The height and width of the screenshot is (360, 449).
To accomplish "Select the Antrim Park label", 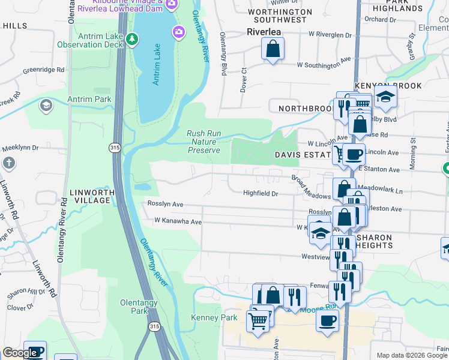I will pyautogui.click(x=89, y=99).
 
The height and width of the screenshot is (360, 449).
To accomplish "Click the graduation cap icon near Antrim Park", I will pyautogui.click(x=45, y=106).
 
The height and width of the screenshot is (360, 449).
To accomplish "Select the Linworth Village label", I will pyautogui.click(x=91, y=196).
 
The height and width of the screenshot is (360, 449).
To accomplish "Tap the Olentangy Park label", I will pyautogui.click(x=139, y=307).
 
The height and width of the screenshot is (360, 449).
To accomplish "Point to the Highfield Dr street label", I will pyautogui.click(x=261, y=194).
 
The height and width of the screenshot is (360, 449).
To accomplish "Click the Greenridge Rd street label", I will pyautogui.click(x=43, y=70).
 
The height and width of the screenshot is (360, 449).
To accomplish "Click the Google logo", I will pyautogui.click(x=20, y=353).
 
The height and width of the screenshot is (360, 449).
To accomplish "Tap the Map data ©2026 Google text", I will pyautogui.click(x=411, y=355).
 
